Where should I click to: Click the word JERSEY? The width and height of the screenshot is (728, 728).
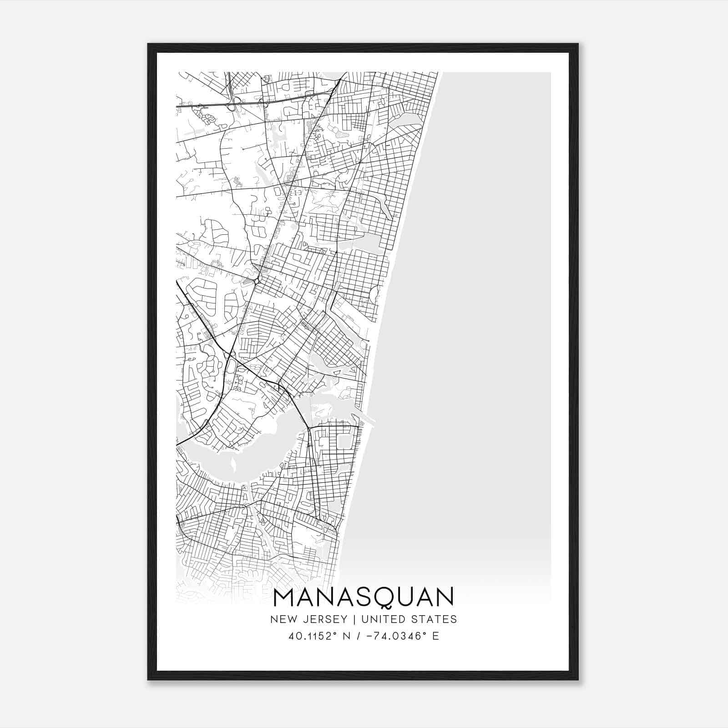[324, 619]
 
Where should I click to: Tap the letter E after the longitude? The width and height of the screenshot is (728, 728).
[436, 636]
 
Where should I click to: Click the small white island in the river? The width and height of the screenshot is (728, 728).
[233, 465]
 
